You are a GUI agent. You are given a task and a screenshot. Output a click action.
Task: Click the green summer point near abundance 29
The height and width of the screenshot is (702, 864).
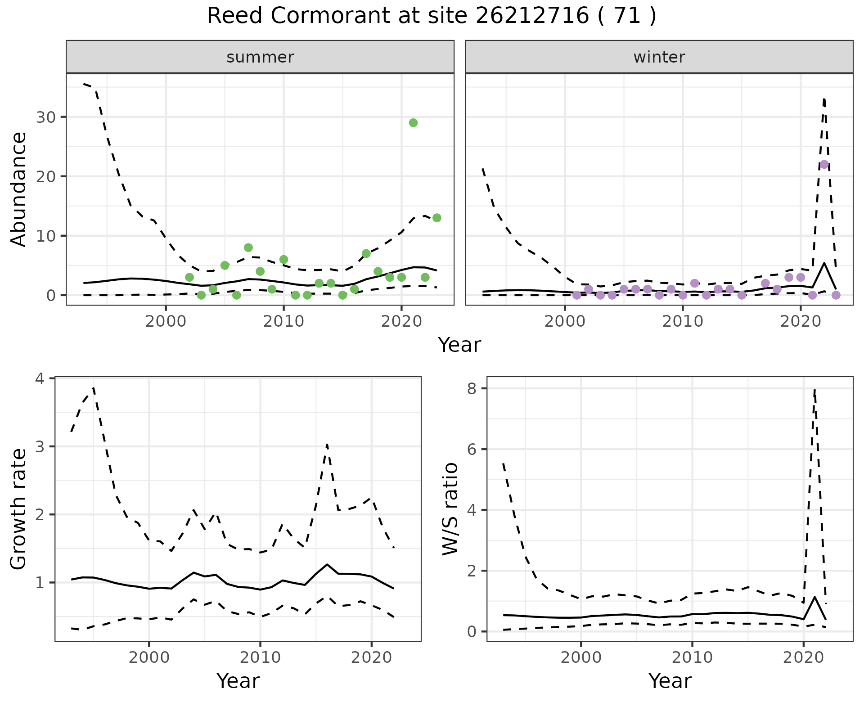point(413,123)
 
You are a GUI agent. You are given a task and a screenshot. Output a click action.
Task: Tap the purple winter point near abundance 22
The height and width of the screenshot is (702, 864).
point(824,164)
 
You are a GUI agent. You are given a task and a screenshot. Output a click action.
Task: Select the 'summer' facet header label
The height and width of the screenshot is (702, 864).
point(260,57)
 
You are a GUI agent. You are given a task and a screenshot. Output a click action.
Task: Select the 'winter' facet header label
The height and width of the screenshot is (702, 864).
point(659,57)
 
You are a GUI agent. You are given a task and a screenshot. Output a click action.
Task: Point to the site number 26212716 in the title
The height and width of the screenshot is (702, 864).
point(532,16)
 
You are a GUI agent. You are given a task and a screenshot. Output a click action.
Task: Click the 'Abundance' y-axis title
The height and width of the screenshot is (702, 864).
point(19,189)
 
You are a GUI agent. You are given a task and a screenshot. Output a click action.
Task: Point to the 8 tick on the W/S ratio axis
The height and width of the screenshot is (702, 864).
point(472,389)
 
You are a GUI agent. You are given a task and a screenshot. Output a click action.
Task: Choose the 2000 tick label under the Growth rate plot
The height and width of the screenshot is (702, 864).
point(149,657)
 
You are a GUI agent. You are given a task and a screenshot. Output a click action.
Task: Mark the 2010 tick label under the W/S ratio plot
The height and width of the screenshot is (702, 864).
point(692,657)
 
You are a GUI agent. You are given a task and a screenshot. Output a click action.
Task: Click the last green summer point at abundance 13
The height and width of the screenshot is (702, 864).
point(436,218)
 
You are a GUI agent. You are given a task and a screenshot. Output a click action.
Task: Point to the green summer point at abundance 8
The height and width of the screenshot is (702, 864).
point(248,247)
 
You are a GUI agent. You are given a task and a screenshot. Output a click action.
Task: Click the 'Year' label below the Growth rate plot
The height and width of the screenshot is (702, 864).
point(238,681)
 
